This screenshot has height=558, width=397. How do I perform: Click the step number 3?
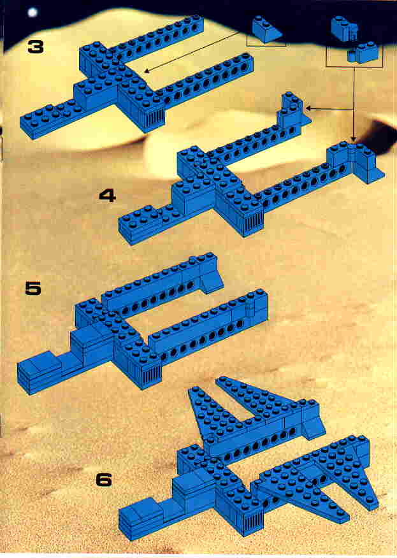click(36, 46)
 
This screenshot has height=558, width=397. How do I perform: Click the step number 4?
click(108, 196)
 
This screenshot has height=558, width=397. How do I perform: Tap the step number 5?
click(33, 289)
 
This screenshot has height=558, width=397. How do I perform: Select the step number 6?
click(104, 480)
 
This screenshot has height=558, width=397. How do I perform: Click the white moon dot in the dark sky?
click(32, 13)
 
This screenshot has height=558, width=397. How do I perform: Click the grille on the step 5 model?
click(152, 376)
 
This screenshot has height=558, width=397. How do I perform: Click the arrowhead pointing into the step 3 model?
click(147, 71)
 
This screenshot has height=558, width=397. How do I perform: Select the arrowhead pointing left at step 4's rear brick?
click(308, 108)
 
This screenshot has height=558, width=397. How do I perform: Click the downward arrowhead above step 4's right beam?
click(353, 138)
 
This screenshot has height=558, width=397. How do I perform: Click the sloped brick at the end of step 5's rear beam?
click(212, 280)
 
